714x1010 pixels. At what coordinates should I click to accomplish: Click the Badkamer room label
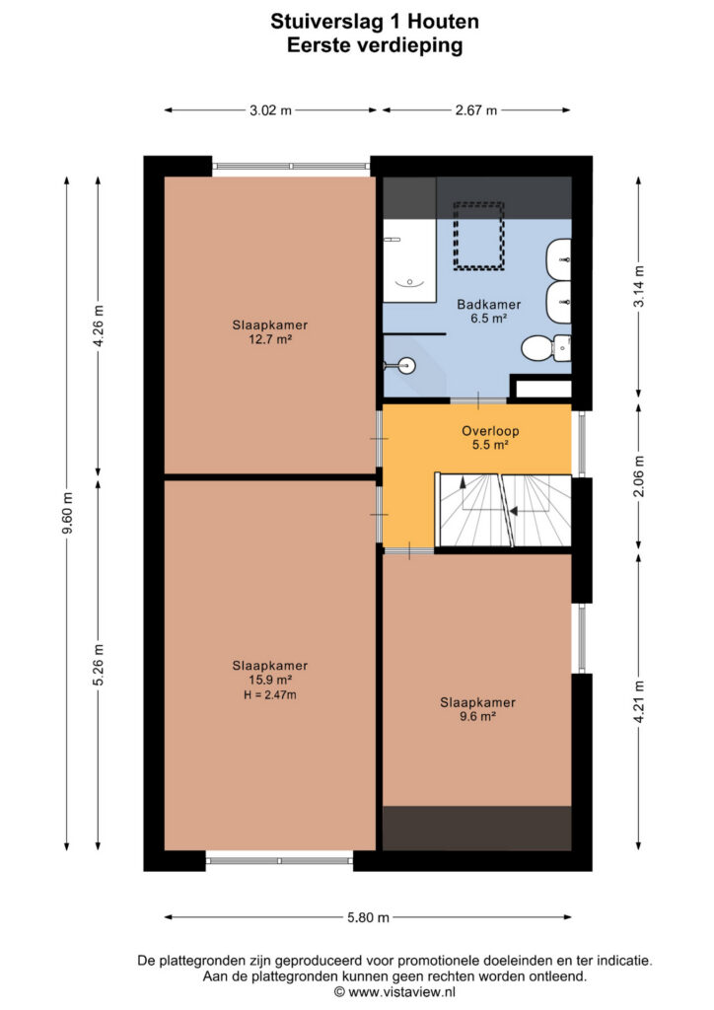(x=489, y=304)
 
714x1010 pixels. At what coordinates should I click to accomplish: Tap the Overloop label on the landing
(x=490, y=431)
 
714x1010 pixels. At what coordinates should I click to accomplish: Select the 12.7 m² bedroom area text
(x=270, y=339)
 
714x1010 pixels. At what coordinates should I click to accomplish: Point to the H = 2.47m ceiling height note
(x=270, y=694)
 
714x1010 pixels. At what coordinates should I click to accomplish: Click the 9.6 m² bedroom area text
(x=477, y=716)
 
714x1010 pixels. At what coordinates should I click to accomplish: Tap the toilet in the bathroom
(x=546, y=348)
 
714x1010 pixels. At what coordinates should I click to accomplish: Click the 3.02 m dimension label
(x=270, y=110)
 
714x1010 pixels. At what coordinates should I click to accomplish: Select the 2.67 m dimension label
(x=475, y=110)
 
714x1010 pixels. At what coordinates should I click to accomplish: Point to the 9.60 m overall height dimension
(x=68, y=513)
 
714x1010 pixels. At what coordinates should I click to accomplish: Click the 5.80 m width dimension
(x=368, y=917)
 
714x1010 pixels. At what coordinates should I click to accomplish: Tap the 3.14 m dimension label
(x=639, y=286)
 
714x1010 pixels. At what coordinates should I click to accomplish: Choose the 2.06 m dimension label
(x=639, y=476)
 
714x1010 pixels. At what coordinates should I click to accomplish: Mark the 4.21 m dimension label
(x=639, y=702)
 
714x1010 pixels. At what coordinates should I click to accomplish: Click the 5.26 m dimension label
(x=99, y=665)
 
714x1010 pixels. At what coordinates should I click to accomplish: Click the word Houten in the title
(x=444, y=22)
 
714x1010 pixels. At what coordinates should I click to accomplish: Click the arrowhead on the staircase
(x=513, y=512)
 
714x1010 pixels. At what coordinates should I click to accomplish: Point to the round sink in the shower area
(x=407, y=366)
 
